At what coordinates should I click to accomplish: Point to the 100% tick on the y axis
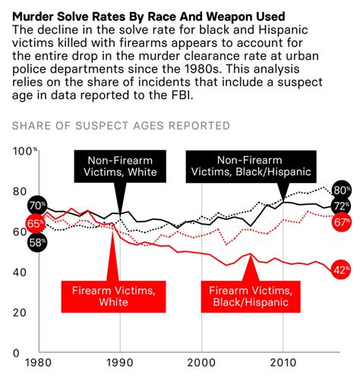click(25, 152)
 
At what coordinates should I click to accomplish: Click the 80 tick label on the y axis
click(21, 191)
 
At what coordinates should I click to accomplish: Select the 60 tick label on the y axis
click(21, 232)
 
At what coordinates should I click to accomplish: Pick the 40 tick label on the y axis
click(21, 272)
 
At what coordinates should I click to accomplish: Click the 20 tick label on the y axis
click(21, 313)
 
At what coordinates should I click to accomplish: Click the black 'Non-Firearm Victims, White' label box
click(121, 165)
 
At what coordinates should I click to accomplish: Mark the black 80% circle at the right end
click(341, 190)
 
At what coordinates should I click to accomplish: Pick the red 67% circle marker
click(341, 222)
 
